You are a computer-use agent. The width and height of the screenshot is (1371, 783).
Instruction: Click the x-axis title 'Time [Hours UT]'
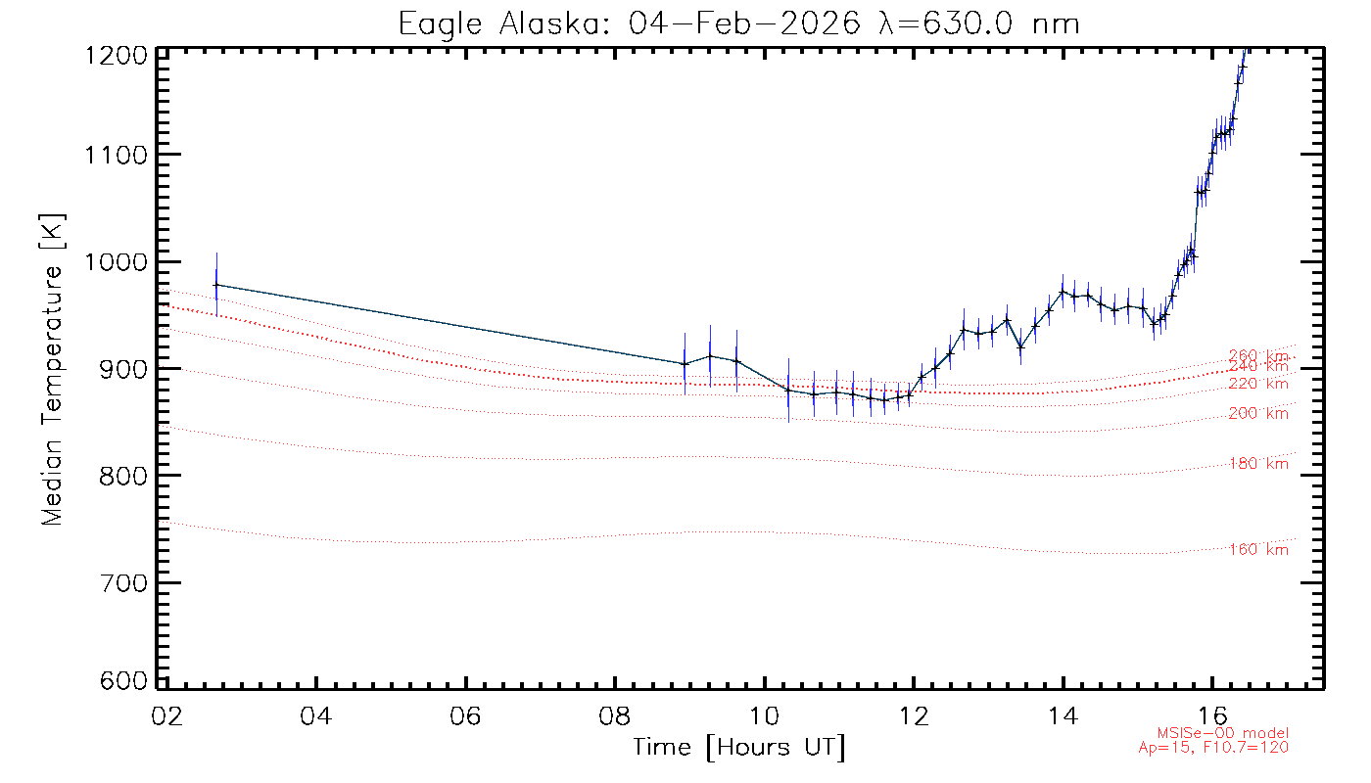[x=739, y=748]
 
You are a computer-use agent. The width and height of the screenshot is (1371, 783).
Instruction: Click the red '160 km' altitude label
[x=1258, y=550]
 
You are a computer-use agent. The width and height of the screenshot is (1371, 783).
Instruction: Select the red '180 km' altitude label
[x=1258, y=464]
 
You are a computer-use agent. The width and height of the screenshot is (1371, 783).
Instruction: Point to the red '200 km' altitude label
[x=1258, y=414]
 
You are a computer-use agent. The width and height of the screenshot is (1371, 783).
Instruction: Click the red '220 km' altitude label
[x=1258, y=384]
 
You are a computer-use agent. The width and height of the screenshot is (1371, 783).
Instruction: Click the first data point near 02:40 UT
[x=216, y=285]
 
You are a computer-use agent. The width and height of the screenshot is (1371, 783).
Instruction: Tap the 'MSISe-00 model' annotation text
[x=1222, y=733]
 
